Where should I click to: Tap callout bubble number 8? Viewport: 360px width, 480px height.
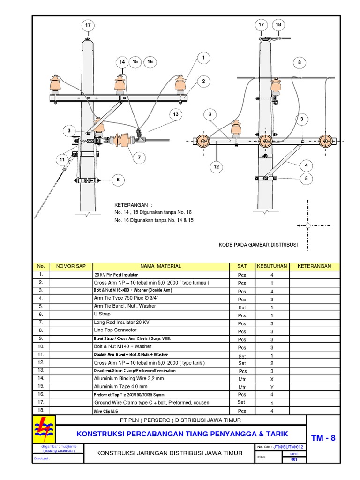(299, 63)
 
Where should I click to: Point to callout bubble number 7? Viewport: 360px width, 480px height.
(139, 158)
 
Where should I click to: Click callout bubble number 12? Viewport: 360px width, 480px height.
(217, 166)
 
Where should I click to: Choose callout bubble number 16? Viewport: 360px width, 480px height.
(150, 61)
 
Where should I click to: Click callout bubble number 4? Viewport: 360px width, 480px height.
(307, 165)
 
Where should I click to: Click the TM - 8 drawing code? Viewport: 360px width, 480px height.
(324, 438)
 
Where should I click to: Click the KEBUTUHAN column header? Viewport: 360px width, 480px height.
(271, 266)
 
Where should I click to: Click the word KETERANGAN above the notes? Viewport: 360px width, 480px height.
(134, 205)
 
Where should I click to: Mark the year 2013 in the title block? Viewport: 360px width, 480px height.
(294, 454)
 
